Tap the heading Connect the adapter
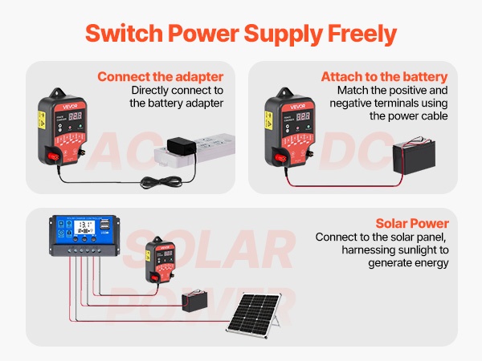click(160, 77)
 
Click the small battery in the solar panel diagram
click(195, 302)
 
